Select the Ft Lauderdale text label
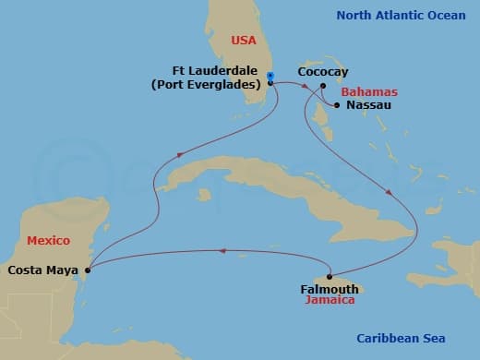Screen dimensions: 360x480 (214, 70)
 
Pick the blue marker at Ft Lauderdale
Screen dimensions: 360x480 (270, 76)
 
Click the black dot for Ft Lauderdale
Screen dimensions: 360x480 (270, 84)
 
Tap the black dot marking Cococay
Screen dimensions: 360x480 (322, 88)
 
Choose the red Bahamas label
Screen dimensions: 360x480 (368, 92)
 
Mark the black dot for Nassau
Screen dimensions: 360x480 (339, 105)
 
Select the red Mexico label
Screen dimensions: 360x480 (48, 240)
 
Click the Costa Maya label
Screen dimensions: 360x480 (42, 270)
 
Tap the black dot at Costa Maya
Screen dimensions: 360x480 (88, 270)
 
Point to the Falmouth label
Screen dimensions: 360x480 (330, 289)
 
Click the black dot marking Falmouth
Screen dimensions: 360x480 (330, 276)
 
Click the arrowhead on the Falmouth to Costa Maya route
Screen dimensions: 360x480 (222, 249)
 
